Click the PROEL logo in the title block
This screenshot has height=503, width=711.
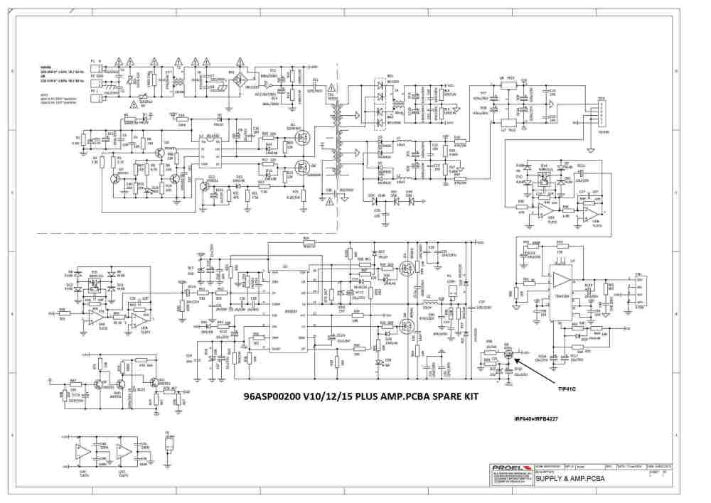point(506,467)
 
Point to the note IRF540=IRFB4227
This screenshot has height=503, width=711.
point(536,418)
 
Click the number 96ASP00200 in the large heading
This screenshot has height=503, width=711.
point(279,396)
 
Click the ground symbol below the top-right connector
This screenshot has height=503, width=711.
point(592,150)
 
